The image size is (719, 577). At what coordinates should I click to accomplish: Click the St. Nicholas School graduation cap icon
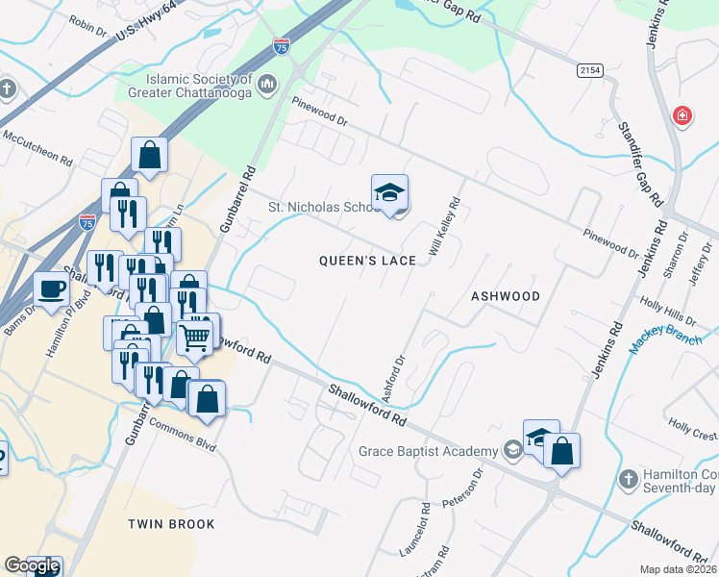coord(389,192)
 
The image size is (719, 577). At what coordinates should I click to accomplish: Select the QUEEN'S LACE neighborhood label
coord(368,261)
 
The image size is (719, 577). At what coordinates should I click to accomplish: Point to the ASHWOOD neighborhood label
coord(505,296)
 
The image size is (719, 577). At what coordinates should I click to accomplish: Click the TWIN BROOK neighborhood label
coord(171,524)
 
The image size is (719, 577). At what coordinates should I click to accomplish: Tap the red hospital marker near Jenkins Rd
coord(682,116)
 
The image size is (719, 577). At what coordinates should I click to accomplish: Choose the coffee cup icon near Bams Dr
coord(51,288)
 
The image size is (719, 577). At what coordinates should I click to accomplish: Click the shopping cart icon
coord(195,338)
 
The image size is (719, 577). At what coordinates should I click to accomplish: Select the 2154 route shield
coord(590,71)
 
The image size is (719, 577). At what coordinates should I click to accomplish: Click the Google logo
coord(32,566)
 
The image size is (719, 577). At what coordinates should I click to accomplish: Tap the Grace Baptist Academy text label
coord(428,451)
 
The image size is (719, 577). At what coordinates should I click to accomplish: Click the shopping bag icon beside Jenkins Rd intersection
coord(562,451)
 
